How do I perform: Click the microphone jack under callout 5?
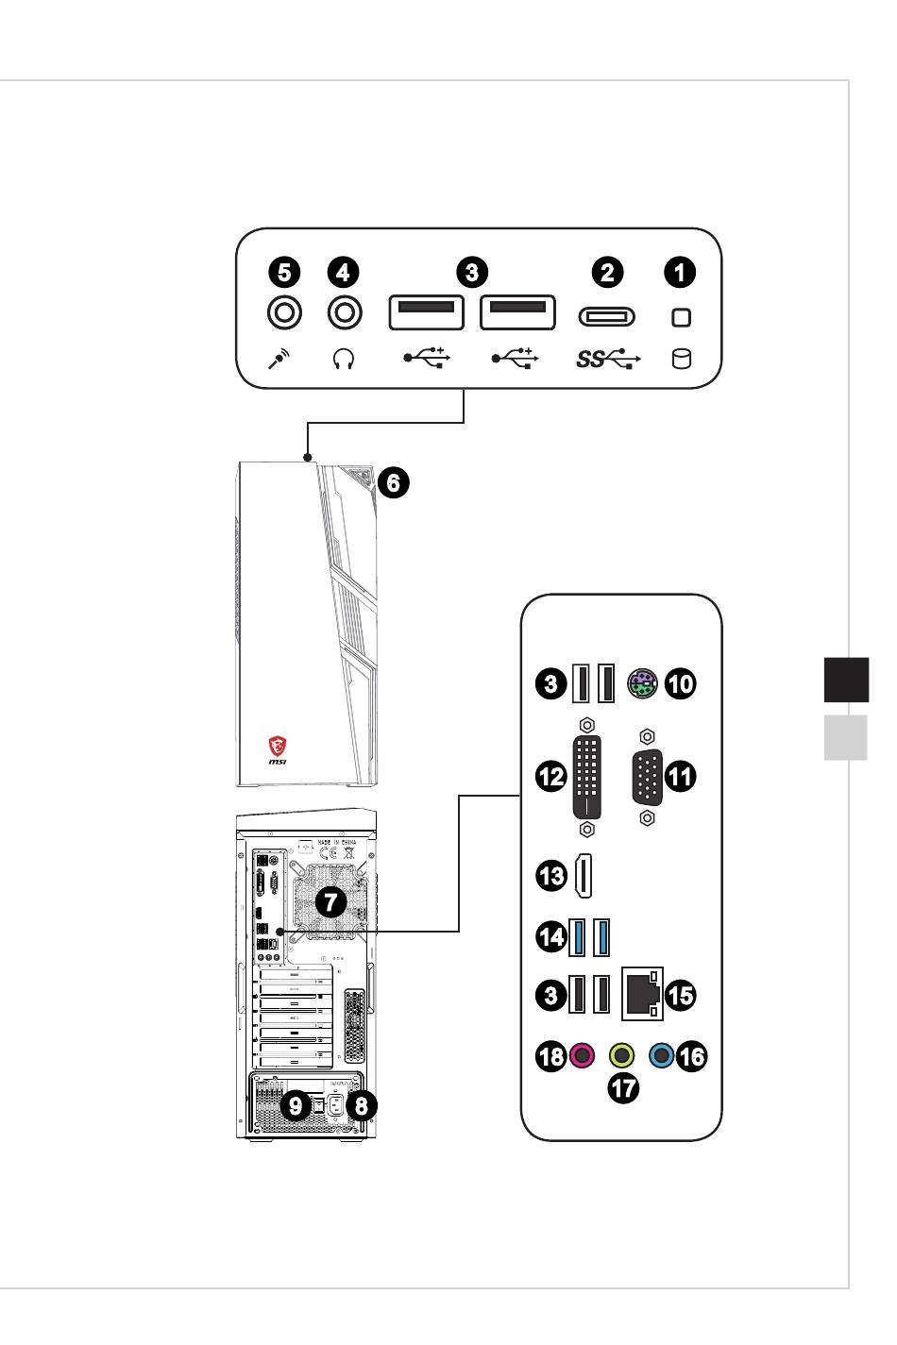pos(283,311)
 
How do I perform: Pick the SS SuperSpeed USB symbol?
pos(607,359)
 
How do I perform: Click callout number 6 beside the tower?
pos(394,483)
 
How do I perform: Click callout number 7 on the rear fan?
pos(330,901)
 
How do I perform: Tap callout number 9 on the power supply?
pos(296,1103)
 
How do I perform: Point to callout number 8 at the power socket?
pos(359,1103)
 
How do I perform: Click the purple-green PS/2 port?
pos(641,682)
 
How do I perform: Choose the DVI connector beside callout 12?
pos(586,778)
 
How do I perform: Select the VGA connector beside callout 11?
pos(647,777)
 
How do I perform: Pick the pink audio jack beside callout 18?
pos(582,1054)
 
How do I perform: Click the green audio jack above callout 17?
pos(622,1054)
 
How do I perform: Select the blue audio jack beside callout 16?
pos(664,1054)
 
